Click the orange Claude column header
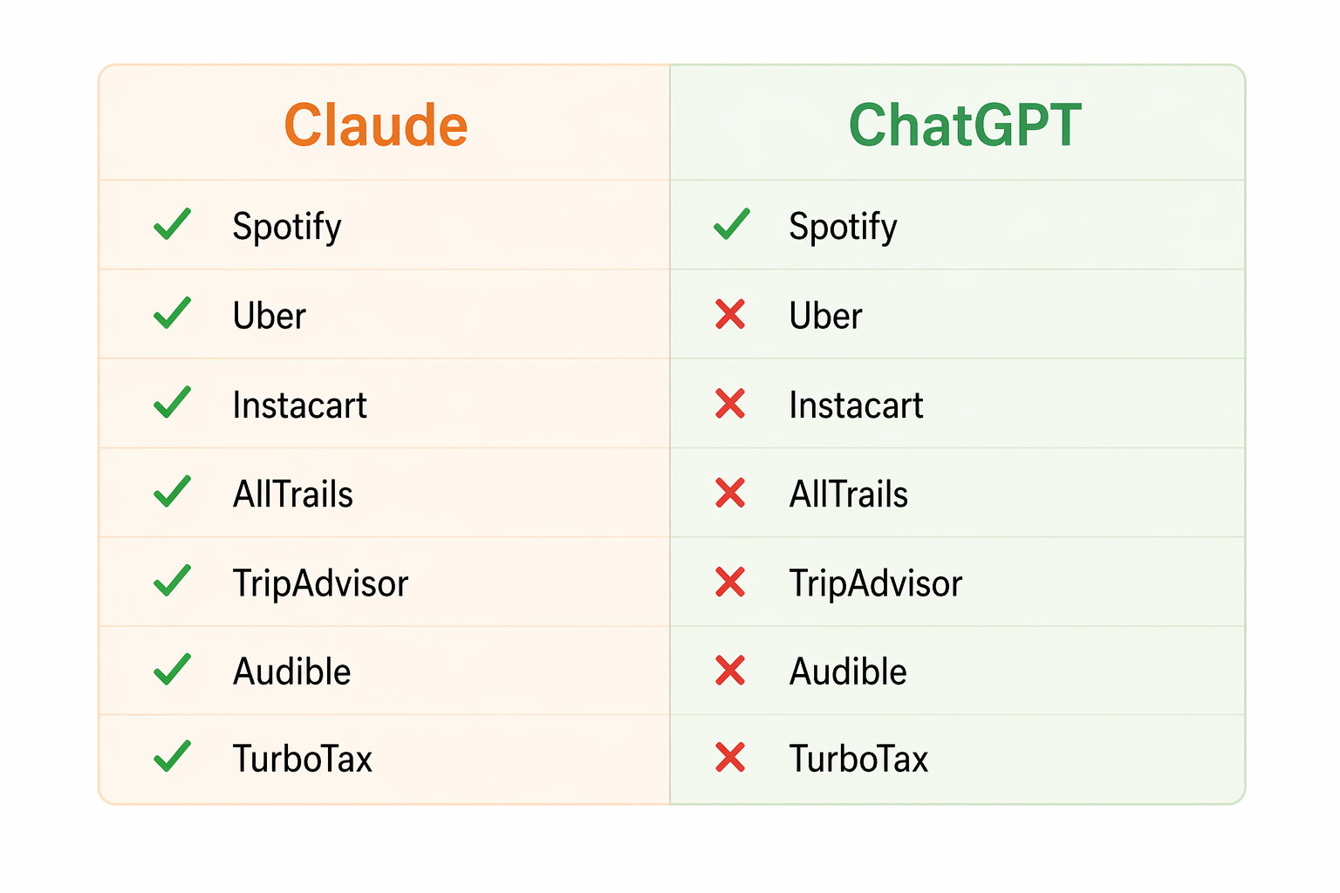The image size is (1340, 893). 376,125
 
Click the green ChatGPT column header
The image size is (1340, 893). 965,125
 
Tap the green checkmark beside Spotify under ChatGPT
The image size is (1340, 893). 731,224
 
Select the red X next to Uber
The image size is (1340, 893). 730,315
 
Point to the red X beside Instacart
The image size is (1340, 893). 730,404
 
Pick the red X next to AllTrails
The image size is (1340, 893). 730,494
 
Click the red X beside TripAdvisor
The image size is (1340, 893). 730,583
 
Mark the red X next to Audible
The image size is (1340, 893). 730,671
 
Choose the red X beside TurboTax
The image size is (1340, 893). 730,758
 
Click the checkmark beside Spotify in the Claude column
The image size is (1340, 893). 172,224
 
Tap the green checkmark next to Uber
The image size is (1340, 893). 172,313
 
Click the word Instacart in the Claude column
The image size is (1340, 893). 299,406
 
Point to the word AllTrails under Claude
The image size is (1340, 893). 292,494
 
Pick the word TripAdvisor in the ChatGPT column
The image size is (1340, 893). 875,583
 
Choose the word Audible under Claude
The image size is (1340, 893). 291,671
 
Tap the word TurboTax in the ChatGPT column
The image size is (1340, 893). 858,759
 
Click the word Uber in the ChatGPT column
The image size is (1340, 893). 825,316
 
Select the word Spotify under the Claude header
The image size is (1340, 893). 286,227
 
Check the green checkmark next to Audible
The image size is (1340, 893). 172,669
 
